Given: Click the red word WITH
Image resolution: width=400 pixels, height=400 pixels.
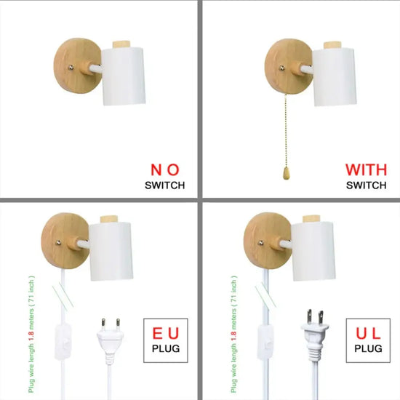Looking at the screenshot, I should point(366,169).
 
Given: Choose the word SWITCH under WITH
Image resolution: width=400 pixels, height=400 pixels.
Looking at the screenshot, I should point(366,185).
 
